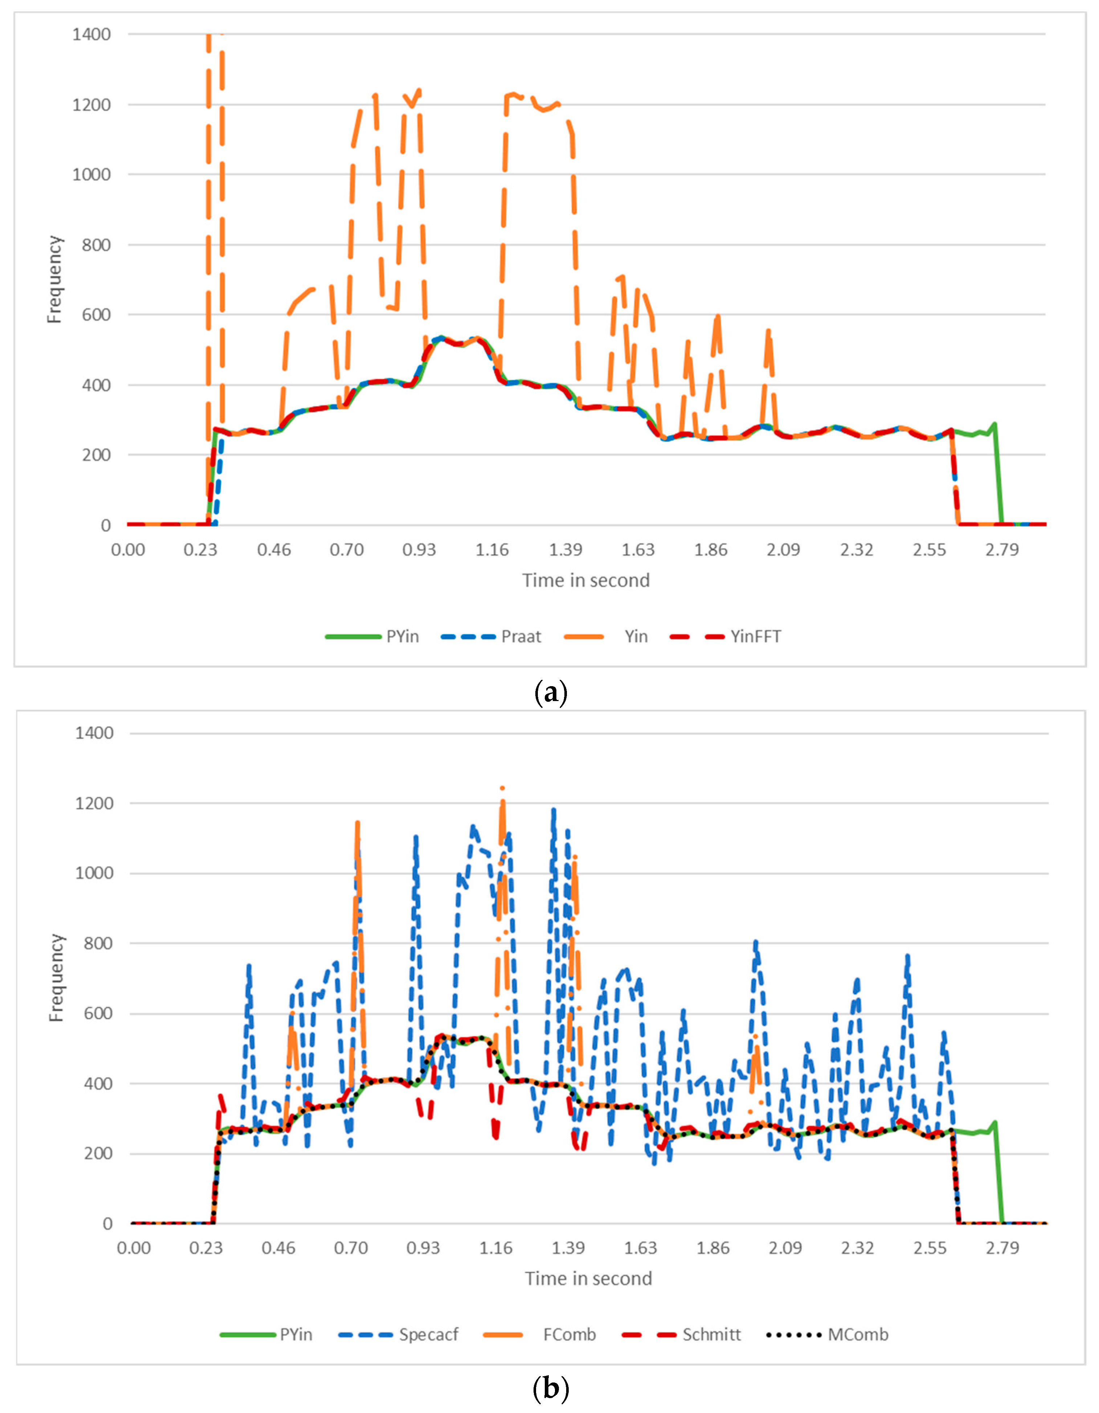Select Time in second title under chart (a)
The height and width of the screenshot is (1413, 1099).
click(x=586, y=580)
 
